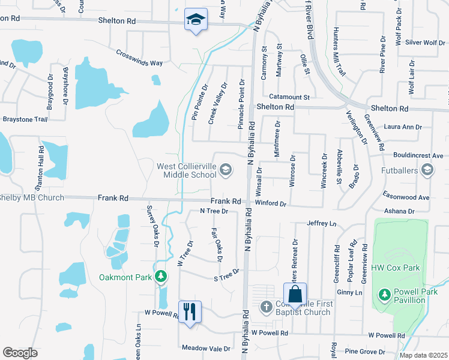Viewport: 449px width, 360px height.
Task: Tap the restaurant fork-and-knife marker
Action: pyautogui.click(x=190, y=311)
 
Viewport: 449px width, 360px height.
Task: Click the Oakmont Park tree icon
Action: pyautogui.click(x=160, y=277)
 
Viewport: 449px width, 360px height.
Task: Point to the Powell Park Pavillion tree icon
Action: pyautogui.click(x=384, y=294)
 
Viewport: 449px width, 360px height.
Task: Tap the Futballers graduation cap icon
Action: pyautogui.click(x=427, y=170)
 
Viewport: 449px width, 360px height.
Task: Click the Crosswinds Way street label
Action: pyautogui.click(x=140, y=58)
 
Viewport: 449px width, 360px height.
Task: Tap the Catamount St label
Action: pyautogui.click(x=289, y=96)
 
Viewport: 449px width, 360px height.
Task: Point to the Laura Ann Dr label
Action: pyautogui.click(x=403, y=127)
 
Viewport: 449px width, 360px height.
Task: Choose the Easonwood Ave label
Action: pyautogui.click(x=406, y=197)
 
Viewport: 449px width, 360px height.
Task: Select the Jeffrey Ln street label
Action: pyautogui.click(x=322, y=223)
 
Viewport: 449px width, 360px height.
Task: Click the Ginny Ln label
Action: pyautogui.click(x=350, y=292)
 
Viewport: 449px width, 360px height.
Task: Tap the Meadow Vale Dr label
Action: pyautogui.click(x=206, y=348)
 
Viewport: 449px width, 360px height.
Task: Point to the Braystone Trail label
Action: pyautogui.click(x=25, y=119)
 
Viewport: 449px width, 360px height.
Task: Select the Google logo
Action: pyautogui.click(x=20, y=352)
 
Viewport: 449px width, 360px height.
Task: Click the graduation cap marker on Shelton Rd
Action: pyautogui.click(x=196, y=20)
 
